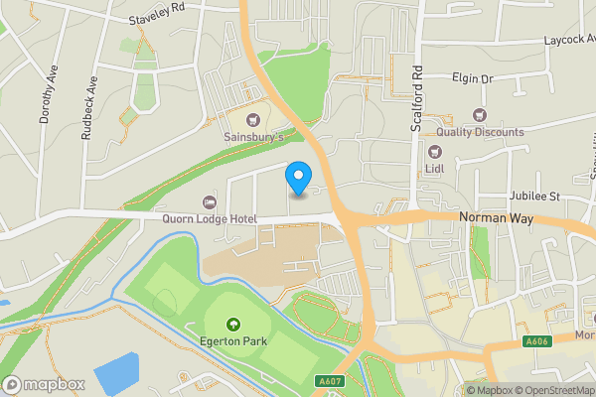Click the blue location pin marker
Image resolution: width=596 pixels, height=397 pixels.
coord(297,178)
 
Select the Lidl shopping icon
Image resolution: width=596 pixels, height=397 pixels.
coord(434,152)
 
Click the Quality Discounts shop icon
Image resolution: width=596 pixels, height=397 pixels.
coord(481,116)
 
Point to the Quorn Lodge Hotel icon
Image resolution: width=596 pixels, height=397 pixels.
coord(208,202)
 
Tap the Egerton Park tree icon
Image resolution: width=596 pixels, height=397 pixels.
coord(233,324)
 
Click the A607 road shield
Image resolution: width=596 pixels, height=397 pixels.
coord(331,380)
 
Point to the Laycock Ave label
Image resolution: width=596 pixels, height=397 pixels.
coord(567,41)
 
